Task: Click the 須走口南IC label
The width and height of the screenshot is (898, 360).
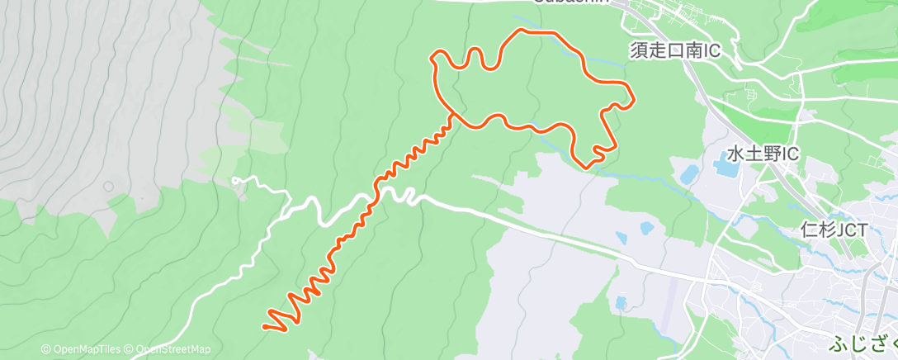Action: (675, 51)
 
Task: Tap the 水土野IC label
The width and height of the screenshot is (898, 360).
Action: (764, 154)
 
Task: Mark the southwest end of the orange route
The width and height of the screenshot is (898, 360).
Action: (265, 326)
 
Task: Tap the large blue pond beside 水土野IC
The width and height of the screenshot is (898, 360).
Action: (726, 168)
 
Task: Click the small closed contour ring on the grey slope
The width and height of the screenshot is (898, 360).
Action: (108, 186)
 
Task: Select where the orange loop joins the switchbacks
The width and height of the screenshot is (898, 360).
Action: (452, 115)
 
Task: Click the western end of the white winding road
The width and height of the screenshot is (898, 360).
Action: (234, 178)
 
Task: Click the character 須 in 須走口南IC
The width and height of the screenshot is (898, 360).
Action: (639, 51)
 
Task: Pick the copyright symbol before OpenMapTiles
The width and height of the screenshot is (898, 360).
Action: (46, 349)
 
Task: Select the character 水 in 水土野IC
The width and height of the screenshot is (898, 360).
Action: (736, 154)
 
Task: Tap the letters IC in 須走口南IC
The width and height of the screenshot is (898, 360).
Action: (711, 51)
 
